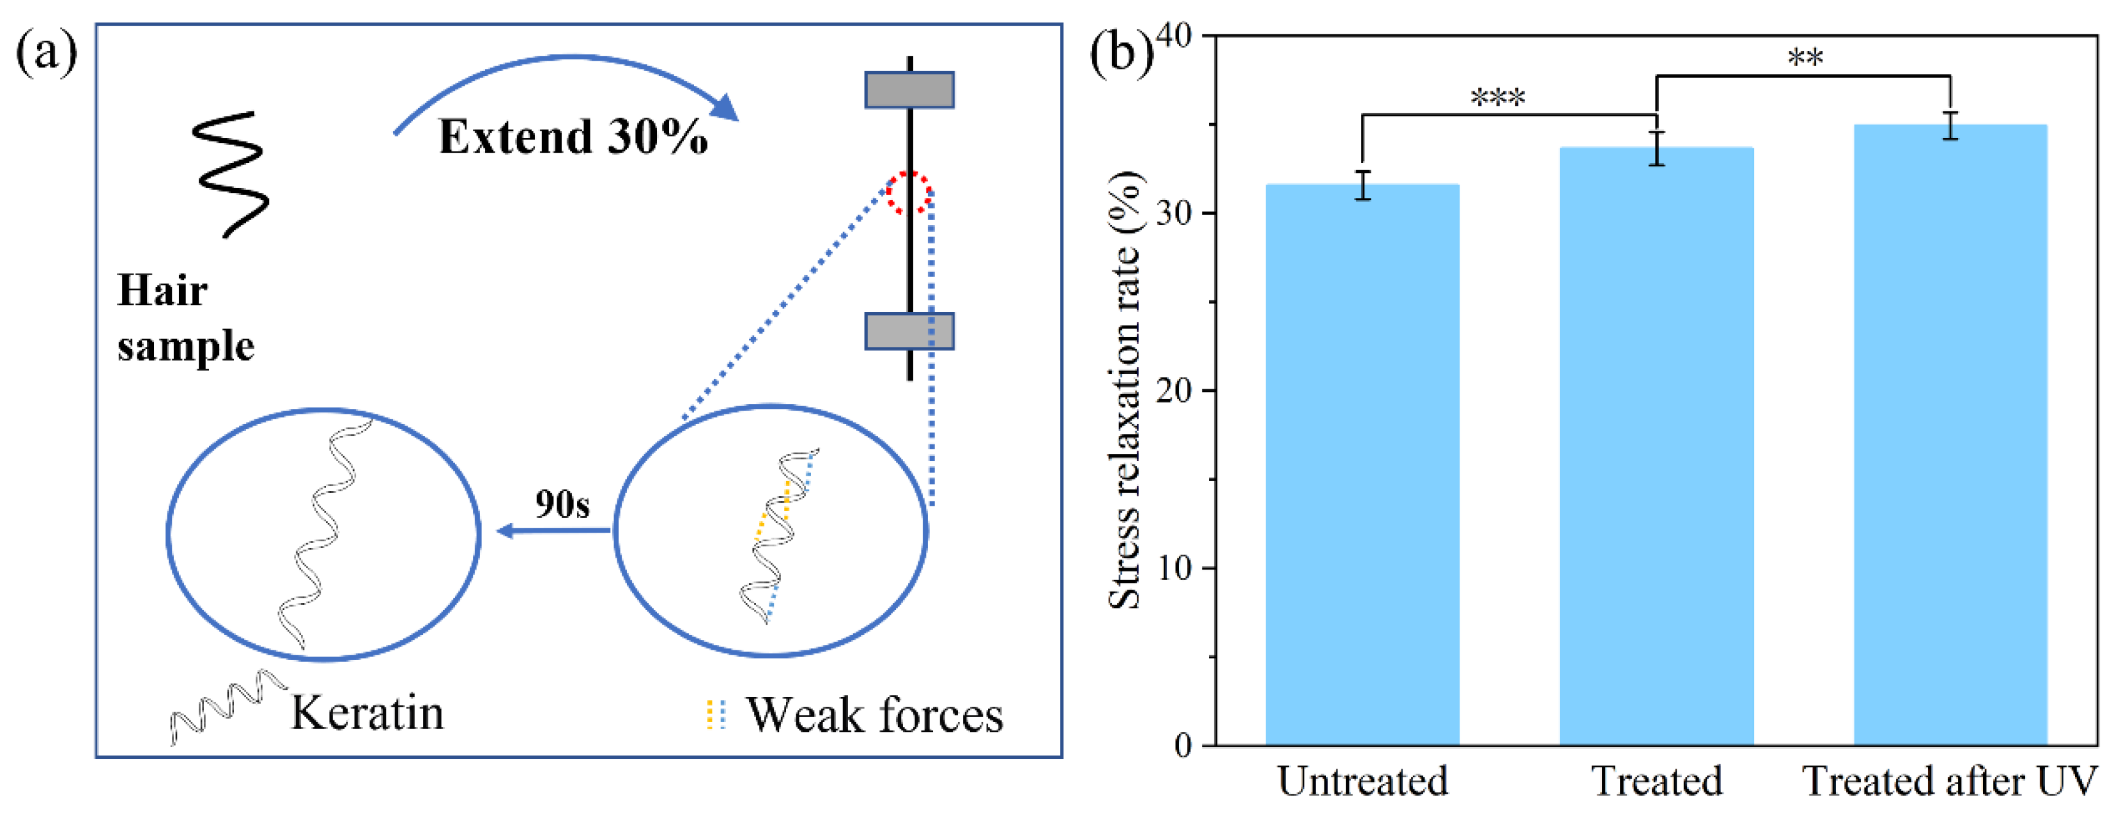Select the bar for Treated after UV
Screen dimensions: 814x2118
tap(1950, 435)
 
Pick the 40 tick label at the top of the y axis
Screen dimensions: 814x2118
tap(1174, 36)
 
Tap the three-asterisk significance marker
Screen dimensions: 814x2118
tap(1498, 99)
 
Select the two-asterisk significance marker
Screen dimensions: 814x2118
tap(1805, 58)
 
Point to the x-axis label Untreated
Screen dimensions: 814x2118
tap(1362, 781)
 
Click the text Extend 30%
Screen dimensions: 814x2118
tap(573, 137)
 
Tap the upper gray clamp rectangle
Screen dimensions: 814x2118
tap(909, 89)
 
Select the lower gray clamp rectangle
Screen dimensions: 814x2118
tap(909, 330)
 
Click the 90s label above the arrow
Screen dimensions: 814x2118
tap(562, 504)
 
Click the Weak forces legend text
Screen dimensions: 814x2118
tap(875, 715)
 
